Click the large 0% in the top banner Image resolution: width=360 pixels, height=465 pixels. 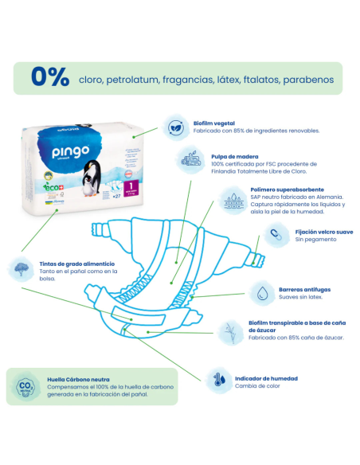[50, 77]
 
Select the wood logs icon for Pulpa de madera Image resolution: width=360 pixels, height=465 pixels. [191, 159]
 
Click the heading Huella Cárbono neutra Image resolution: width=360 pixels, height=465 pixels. [79, 380]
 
